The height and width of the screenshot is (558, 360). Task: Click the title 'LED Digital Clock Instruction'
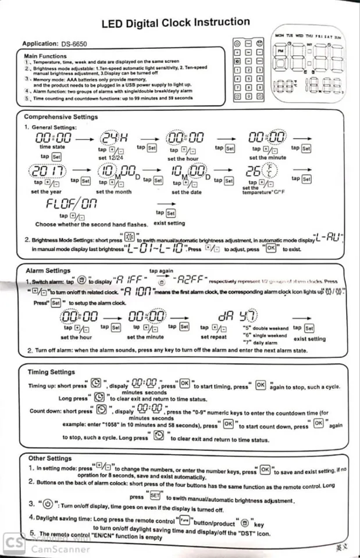coord(176,23)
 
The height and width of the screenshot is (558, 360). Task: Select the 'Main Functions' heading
coord(45,56)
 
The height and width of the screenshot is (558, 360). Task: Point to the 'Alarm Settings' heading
coord(48,271)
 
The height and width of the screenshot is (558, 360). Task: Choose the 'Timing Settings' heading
coord(51,372)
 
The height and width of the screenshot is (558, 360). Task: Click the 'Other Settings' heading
coord(49,458)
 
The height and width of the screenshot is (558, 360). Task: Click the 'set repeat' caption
coord(213,337)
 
